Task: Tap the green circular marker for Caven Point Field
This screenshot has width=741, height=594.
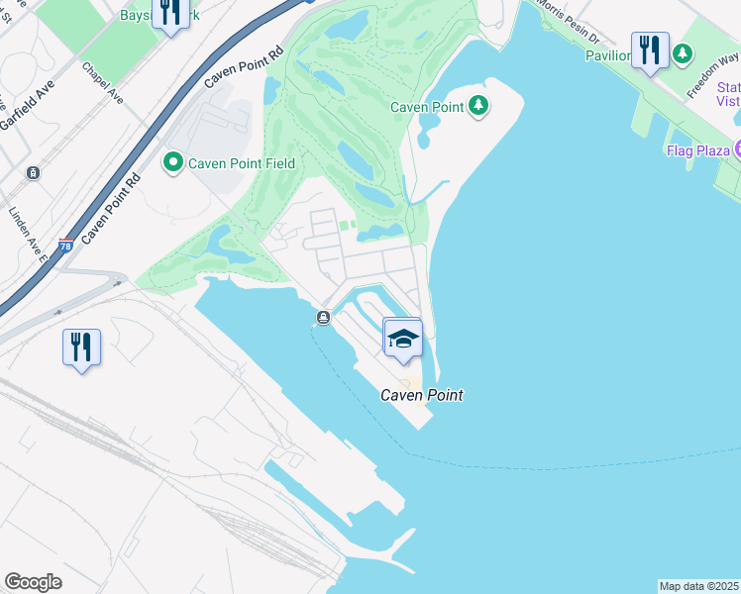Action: tap(173, 161)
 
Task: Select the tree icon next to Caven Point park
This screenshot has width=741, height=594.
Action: tap(479, 106)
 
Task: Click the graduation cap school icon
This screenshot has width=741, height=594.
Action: tap(403, 340)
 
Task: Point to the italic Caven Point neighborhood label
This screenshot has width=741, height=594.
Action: tap(422, 395)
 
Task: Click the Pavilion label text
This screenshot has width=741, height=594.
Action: tap(608, 55)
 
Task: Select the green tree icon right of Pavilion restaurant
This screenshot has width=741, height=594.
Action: tap(683, 54)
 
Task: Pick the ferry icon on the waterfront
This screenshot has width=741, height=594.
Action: tap(324, 317)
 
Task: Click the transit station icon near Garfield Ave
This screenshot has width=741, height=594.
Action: tap(35, 172)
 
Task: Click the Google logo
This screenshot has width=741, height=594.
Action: tap(33, 581)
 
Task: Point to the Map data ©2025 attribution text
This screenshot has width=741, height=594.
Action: tap(698, 586)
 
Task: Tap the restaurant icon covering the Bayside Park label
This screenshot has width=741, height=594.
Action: tap(170, 12)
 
